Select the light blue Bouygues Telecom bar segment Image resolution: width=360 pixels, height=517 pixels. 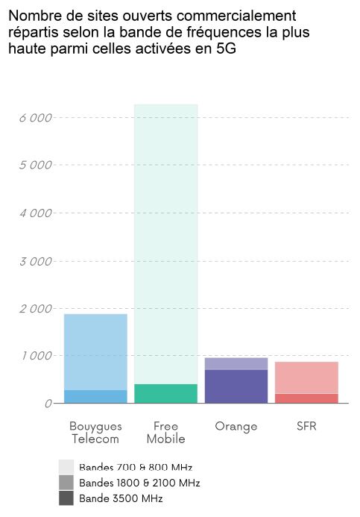pyautogui.click(x=95, y=351)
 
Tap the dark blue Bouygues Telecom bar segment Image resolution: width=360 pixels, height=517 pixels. pyautogui.click(x=95, y=396)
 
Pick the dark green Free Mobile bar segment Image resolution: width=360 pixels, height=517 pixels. pyautogui.click(x=165, y=393)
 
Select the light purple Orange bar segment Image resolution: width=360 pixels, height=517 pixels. pyautogui.click(x=236, y=363)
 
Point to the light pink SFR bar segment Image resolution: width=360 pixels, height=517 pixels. pyautogui.click(x=306, y=377)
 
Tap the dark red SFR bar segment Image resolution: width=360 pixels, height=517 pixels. pyautogui.click(x=306, y=398)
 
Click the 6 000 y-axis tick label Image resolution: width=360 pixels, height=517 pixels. pyautogui.click(x=35, y=118)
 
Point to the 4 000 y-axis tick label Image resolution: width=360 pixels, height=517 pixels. pyautogui.click(x=35, y=213)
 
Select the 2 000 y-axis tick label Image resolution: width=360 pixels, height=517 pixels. pyautogui.click(x=35, y=309)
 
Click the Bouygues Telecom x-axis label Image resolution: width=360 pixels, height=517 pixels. pyautogui.click(x=95, y=432)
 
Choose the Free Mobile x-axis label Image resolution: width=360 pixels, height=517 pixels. pyautogui.click(x=165, y=432)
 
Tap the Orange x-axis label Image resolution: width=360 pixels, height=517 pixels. pyautogui.click(x=236, y=426)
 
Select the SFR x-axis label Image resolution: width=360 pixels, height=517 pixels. pyautogui.click(x=306, y=426)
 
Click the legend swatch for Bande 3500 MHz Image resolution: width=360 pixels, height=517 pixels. pyautogui.click(x=66, y=498)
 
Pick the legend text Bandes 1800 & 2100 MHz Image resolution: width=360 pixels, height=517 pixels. pyautogui.click(x=139, y=483)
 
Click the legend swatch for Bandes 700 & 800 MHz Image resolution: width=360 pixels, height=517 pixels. pyautogui.click(x=66, y=467)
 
